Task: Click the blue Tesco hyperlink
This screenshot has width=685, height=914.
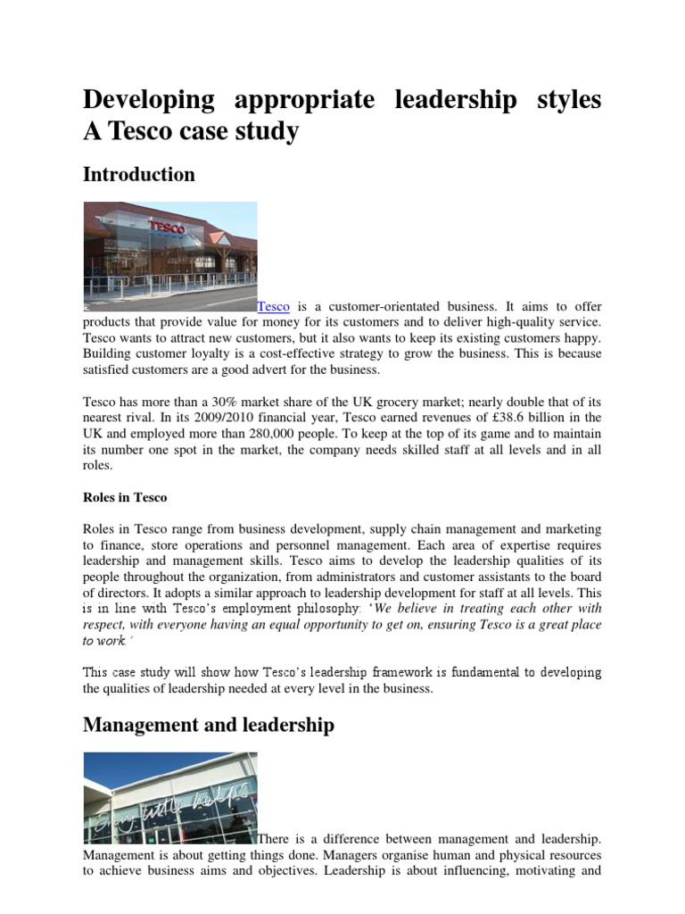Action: (x=274, y=306)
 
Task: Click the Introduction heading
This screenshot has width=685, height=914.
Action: (x=138, y=175)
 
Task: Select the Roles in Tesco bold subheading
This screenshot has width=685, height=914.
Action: (x=125, y=497)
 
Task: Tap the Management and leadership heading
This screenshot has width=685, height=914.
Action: (x=209, y=725)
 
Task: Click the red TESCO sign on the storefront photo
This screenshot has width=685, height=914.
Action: (x=168, y=228)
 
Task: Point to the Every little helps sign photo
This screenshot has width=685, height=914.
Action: (x=169, y=798)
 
